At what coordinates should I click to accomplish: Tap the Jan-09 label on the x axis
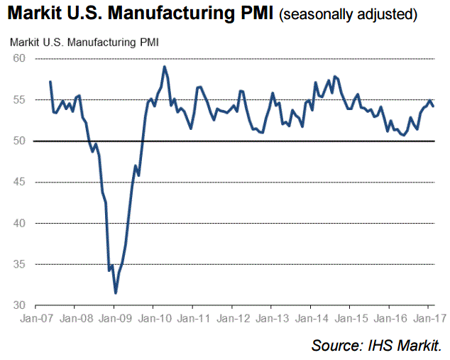point(114,319)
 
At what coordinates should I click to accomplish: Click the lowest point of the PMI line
point(116,293)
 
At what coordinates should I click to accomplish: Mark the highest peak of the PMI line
point(165,67)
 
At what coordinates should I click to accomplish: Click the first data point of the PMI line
point(50,82)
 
